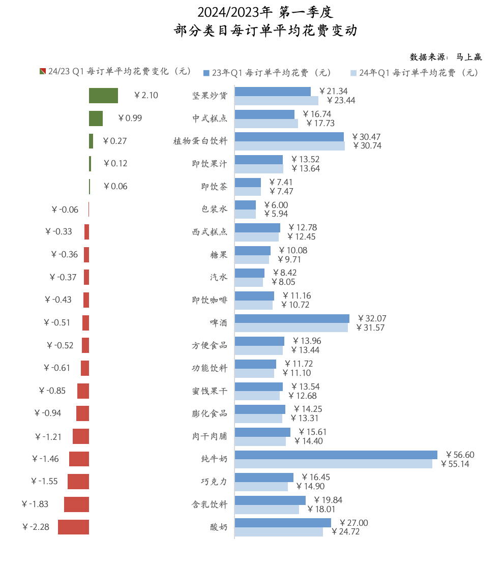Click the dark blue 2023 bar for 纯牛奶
pos(336,455)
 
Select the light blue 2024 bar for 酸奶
pos(279,532)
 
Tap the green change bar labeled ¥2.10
pos(103,96)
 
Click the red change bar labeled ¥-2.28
pos(73,527)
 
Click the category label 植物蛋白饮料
pos(200,141)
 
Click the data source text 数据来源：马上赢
pos(445,56)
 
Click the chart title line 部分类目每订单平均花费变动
pos(265,31)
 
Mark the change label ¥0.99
pos(130,118)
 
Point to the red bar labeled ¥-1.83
pos(76,504)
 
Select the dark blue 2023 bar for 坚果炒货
pos(273,92)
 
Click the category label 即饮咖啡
pos(207,300)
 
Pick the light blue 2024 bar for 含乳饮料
pos(267,509)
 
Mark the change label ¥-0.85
pos(52,391)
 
